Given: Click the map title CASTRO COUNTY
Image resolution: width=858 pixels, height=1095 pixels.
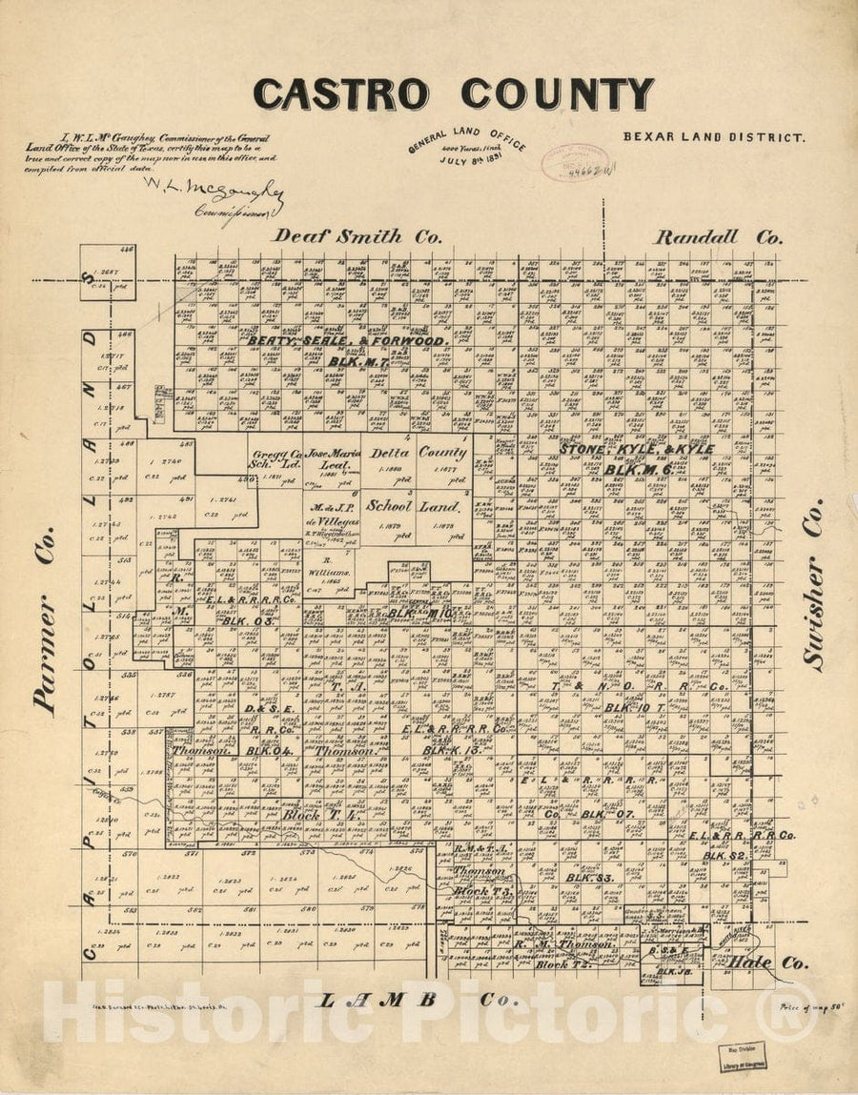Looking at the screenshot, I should [x=453, y=94].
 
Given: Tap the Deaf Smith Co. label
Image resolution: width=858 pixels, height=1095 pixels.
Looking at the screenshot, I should [x=357, y=236].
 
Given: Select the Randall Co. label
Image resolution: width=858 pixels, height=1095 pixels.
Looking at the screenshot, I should [x=719, y=237].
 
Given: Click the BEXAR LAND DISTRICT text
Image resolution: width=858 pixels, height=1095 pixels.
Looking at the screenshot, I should [x=714, y=136].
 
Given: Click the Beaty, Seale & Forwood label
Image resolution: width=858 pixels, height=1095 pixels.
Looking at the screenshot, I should [x=347, y=340].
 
